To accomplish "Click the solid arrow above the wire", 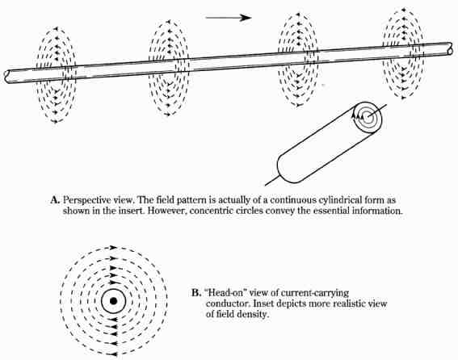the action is (229, 18).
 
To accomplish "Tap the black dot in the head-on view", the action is (114, 301).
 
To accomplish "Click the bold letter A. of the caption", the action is (55, 200).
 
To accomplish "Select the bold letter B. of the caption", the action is (196, 293).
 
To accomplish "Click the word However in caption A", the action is (167, 211).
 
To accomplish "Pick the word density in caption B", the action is (251, 315).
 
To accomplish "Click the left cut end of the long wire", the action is (6, 77).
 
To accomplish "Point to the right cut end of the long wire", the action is (450, 48).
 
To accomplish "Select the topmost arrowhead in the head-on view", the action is (114, 248).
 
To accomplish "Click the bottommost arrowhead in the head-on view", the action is (114, 354).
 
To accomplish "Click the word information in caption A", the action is (377, 211).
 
